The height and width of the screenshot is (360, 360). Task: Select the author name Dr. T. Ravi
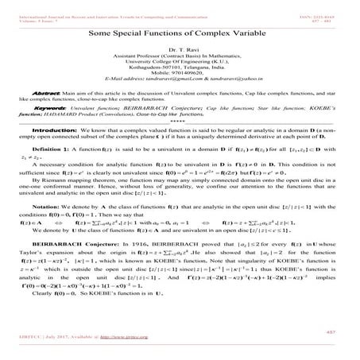click(x=180, y=52)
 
